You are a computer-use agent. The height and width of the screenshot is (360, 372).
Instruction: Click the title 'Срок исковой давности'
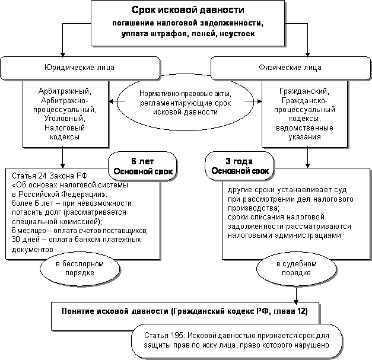(x=187, y=11)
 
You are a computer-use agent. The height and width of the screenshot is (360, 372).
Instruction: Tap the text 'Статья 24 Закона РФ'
(x=37, y=176)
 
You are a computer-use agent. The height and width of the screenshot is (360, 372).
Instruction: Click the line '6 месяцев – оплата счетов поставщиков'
(x=80, y=230)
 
